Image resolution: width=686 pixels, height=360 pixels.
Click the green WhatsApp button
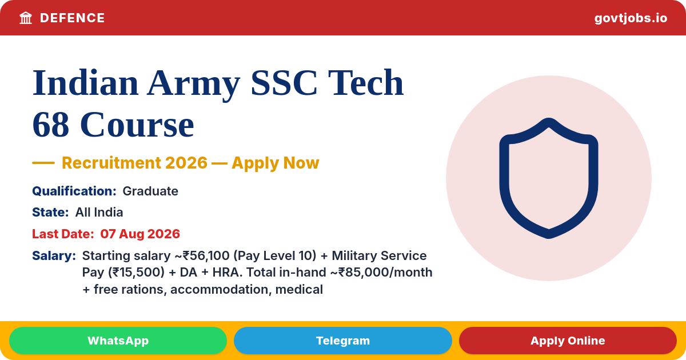coord(118,341)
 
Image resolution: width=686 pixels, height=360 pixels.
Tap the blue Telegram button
coord(342,341)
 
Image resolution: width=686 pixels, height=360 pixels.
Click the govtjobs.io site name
coord(631,18)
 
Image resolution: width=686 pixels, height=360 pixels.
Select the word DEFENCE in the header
coord(72,18)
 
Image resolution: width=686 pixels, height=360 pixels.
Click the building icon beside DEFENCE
coord(26,18)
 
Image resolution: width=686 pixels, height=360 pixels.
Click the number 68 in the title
coord(50,125)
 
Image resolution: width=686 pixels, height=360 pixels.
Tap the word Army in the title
coord(194,83)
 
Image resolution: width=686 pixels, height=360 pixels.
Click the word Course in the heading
coord(137,125)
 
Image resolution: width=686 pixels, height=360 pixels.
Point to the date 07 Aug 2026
coord(140,234)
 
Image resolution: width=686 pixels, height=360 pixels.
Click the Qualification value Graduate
coord(150,191)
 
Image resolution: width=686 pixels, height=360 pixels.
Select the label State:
coord(50,212)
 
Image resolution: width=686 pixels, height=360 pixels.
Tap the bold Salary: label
coord(54,255)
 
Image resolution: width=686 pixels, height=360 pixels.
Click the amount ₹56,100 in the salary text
coord(206,256)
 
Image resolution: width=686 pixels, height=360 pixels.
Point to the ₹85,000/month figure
coord(385,273)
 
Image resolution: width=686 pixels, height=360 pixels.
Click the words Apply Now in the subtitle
coord(276,163)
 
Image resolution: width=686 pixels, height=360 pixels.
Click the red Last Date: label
coord(63,234)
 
